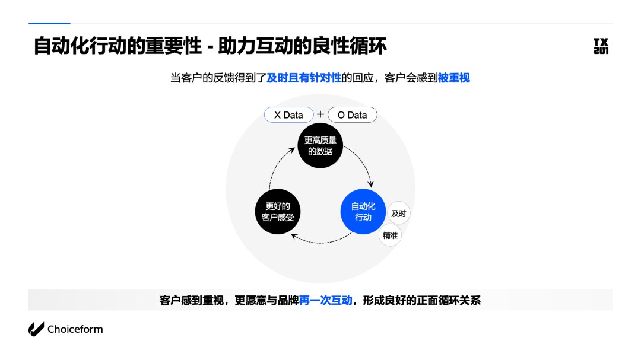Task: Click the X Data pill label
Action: pyautogui.click(x=288, y=115)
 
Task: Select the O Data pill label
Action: pyautogui.click(x=352, y=115)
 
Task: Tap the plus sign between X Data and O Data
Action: pyautogui.click(x=320, y=114)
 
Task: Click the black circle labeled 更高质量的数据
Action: pyautogui.click(x=320, y=145)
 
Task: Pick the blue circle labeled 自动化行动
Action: pyautogui.click(x=363, y=212)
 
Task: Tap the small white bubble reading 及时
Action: pyautogui.click(x=398, y=214)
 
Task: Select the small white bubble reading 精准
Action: pyautogui.click(x=390, y=235)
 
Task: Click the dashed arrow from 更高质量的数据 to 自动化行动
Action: pyautogui.click(x=363, y=163)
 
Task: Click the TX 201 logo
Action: pyautogui.click(x=601, y=46)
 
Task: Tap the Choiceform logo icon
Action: pyautogui.click(x=36, y=329)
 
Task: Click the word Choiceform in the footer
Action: pyautogui.click(x=75, y=329)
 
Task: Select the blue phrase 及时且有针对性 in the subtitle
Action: pyautogui.click(x=304, y=78)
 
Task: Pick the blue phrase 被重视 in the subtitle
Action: pyautogui.click(x=453, y=78)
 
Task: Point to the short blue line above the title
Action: pyautogui.click(x=49, y=23)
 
